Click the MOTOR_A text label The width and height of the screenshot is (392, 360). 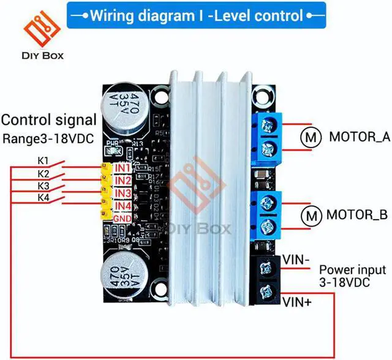(x=360, y=137)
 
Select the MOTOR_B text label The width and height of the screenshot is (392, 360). (x=356, y=215)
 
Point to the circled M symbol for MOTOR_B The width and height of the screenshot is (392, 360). (x=313, y=215)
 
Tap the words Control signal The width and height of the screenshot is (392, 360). (x=49, y=120)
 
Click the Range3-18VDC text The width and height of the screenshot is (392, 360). (x=49, y=138)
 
